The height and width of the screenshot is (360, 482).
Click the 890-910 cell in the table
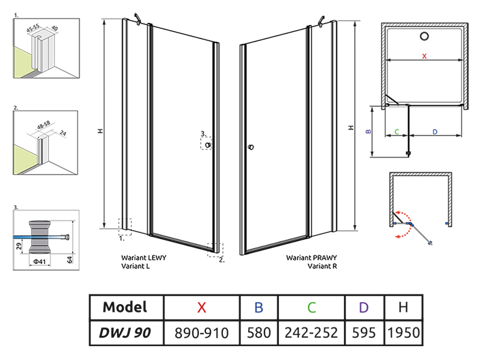[x=202, y=332]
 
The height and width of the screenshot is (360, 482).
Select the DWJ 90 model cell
[x=125, y=332]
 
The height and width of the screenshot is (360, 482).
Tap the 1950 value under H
[x=403, y=332]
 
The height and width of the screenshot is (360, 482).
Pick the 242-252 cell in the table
[x=311, y=332]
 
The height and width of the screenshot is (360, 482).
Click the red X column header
[x=202, y=307]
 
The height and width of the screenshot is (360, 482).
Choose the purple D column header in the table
[x=363, y=307]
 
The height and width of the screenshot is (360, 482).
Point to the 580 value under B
[x=258, y=332]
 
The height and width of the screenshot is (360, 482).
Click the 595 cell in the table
[x=363, y=332]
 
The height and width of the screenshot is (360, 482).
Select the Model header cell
[x=125, y=307]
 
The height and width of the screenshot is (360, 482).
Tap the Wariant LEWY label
[x=144, y=257]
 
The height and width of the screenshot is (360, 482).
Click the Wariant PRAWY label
[x=311, y=257]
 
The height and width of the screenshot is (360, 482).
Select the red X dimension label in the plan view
[x=424, y=56]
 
